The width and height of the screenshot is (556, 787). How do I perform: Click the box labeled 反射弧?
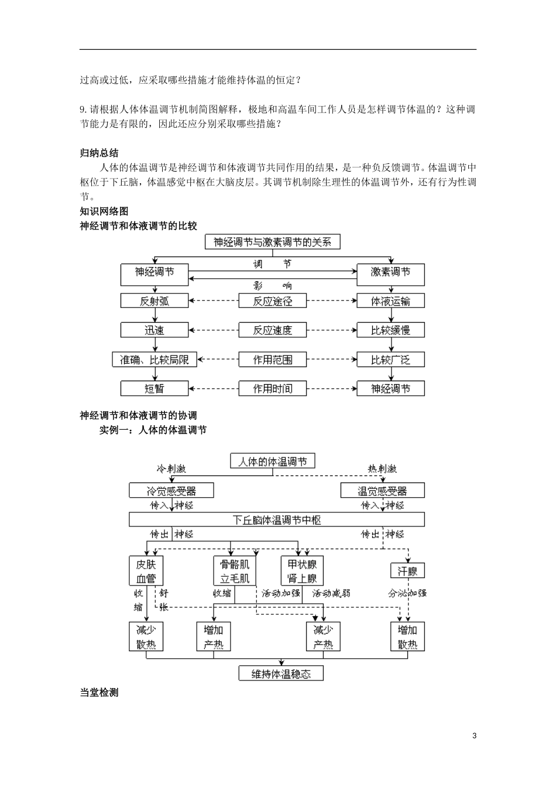(x=155, y=301)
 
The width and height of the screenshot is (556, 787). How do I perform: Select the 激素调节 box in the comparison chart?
(x=390, y=272)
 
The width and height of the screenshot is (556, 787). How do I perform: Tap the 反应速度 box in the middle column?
(x=272, y=330)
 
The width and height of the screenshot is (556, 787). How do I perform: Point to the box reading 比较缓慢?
(x=390, y=330)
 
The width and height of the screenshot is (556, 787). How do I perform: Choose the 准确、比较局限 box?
(x=155, y=360)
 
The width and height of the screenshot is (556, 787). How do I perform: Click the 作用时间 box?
(x=272, y=388)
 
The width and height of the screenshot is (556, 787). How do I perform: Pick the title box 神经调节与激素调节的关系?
(x=272, y=242)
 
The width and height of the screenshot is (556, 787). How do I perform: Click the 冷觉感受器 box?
(x=171, y=491)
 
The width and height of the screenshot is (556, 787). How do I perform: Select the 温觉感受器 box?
(x=382, y=491)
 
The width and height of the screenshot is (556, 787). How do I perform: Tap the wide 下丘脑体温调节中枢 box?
(x=277, y=520)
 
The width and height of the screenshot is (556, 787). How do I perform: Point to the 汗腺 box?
(x=407, y=571)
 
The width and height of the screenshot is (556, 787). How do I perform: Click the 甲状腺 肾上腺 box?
(x=302, y=571)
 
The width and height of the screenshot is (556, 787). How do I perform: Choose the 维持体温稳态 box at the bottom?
(x=281, y=673)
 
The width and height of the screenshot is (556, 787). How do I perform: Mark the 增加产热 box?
(x=213, y=637)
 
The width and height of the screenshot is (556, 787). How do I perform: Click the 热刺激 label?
(x=382, y=468)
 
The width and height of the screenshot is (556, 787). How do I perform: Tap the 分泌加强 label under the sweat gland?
(x=407, y=593)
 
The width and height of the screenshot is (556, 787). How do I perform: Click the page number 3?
(x=474, y=735)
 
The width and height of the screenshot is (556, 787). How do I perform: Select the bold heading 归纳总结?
(x=99, y=153)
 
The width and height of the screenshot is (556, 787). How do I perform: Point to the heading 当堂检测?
(x=99, y=692)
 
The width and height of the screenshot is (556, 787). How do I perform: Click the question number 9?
(x=83, y=110)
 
